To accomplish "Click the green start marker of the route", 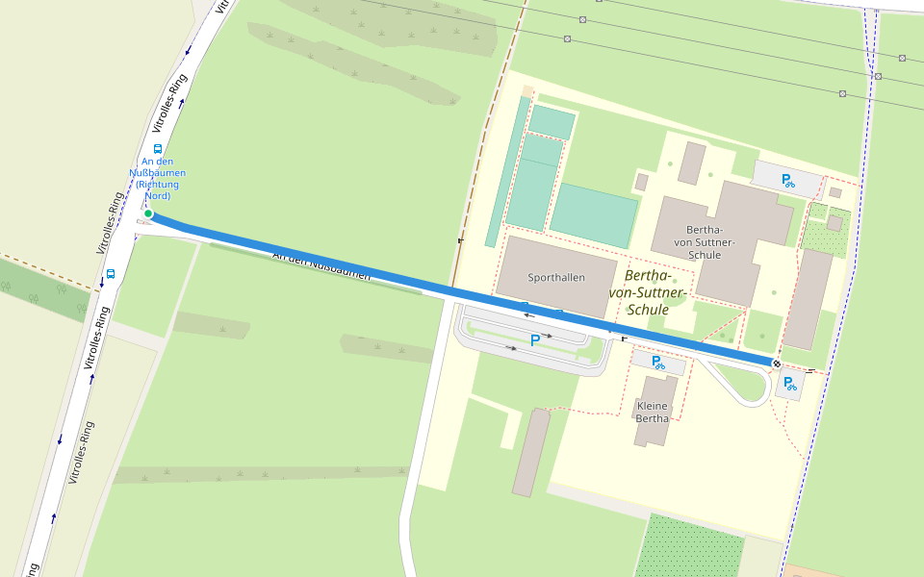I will (148, 213).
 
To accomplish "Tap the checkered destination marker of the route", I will (776, 363).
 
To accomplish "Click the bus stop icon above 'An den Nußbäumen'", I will (157, 149).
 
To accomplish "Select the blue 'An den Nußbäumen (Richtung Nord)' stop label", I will (157, 178).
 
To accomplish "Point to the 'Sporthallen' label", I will (556, 278).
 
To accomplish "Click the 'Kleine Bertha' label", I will (653, 412).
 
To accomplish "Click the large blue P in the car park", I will (535, 340).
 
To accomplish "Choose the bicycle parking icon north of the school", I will (788, 179).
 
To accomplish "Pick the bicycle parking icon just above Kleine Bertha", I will (658, 363).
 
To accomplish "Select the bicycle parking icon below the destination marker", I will (788, 385).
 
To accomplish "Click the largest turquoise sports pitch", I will (593, 214).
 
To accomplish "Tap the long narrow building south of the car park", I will (530, 452).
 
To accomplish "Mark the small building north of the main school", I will (691, 163).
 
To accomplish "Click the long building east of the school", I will (808, 299).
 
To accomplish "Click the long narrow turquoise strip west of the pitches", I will (506, 173).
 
